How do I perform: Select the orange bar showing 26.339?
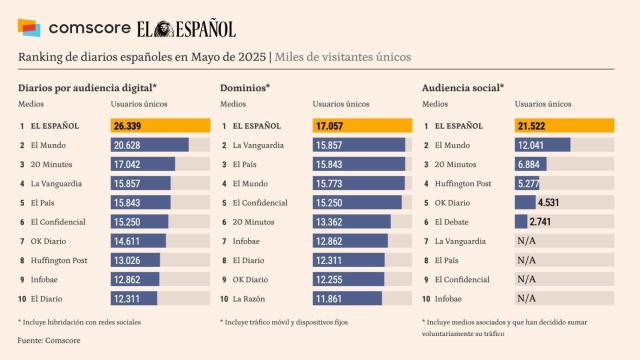click(x=160, y=126)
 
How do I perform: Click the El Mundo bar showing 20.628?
click(x=149, y=145)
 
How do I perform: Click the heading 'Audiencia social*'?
click(x=463, y=87)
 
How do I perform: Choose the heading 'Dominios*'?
click(x=245, y=87)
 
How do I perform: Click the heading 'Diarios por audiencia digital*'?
click(x=88, y=87)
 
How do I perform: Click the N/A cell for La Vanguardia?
click(x=525, y=241)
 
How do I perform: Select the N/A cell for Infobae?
click(x=525, y=299)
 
